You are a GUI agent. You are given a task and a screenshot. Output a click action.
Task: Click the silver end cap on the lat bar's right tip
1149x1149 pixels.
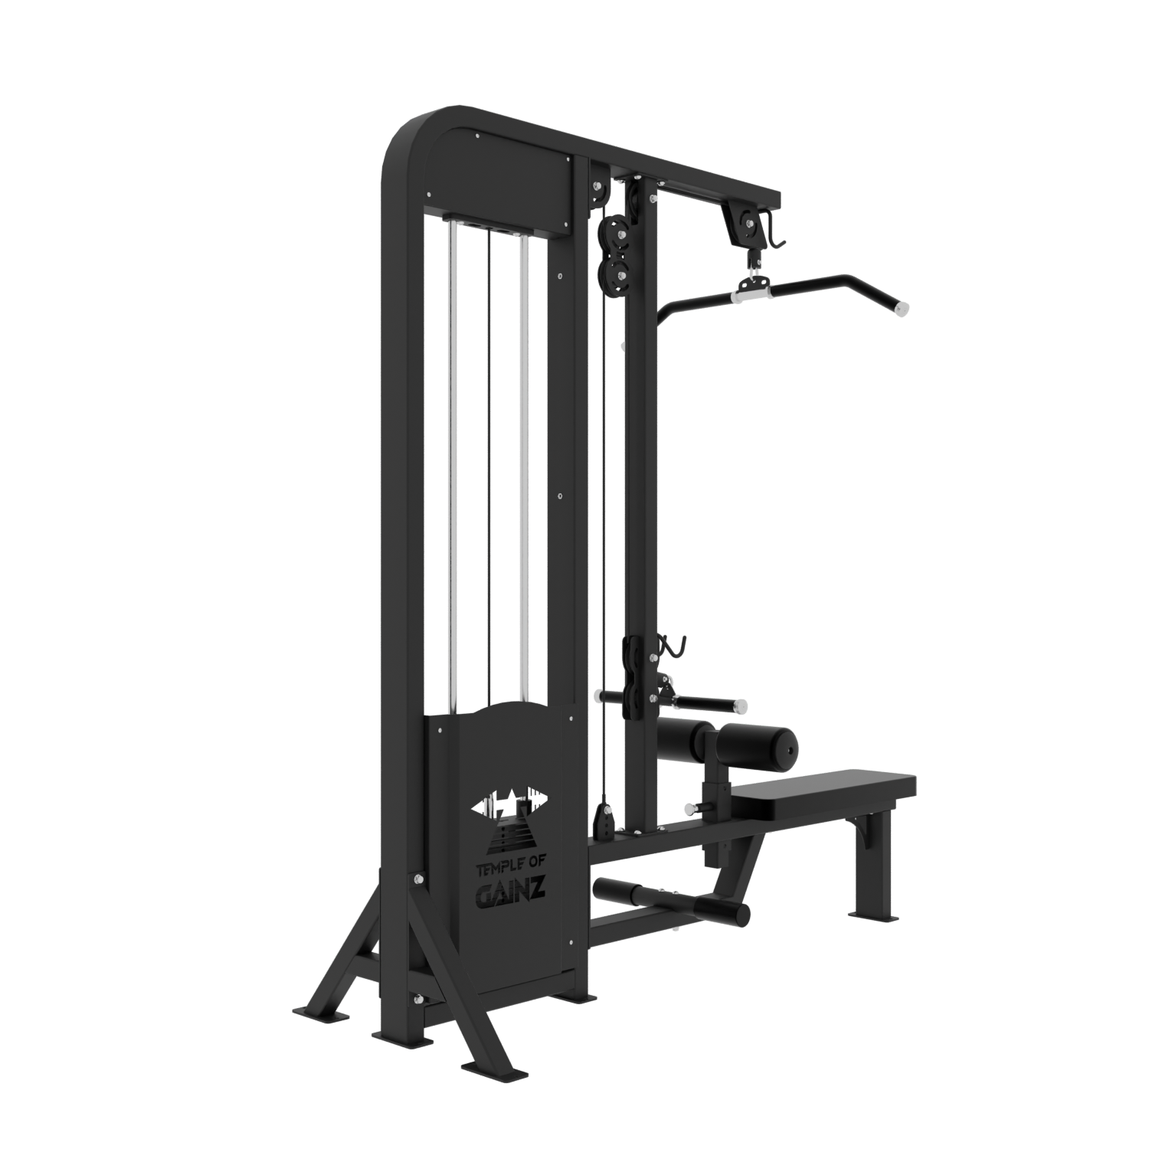pos(902,309)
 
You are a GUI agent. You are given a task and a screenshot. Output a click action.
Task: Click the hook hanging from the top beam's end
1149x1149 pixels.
pos(777,234)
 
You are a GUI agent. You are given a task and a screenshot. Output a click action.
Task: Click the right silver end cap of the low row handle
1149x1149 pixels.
pos(741,703)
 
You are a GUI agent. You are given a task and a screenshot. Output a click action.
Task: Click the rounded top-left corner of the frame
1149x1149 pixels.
pos(406,138)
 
